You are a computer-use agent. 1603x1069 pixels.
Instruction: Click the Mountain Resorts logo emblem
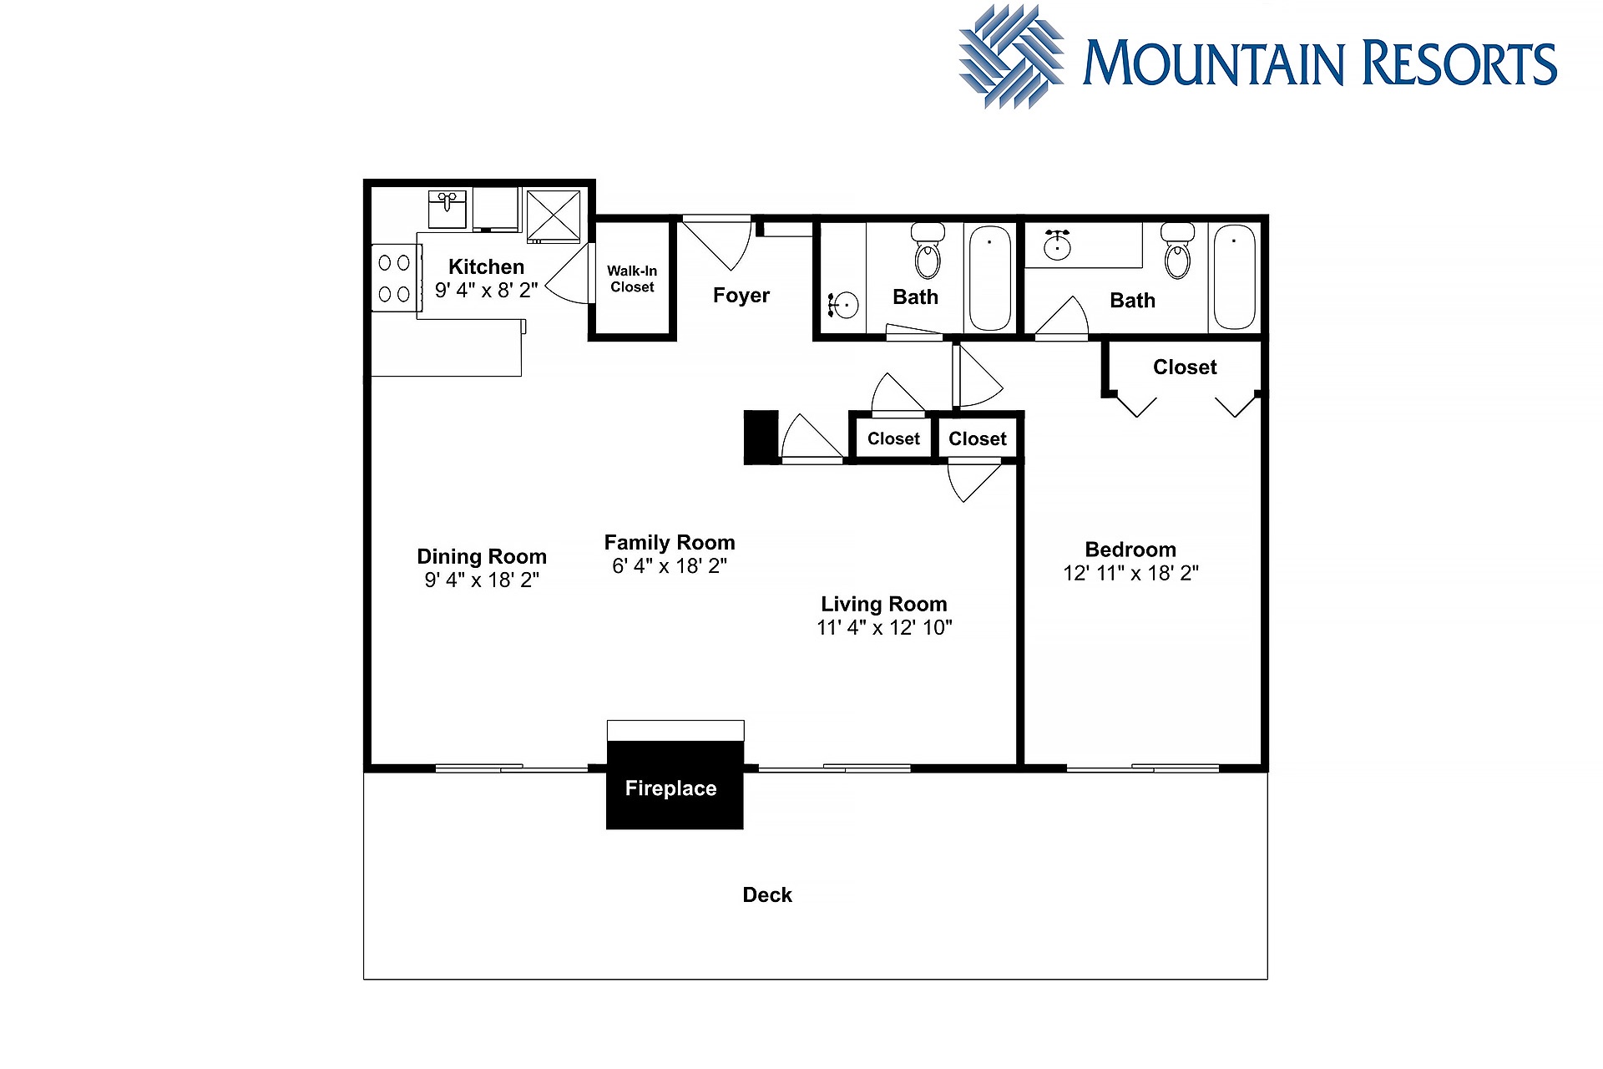point(1011,57)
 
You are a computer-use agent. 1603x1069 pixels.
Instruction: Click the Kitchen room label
point(486,266)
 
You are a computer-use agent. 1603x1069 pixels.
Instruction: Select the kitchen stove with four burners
point(394,278)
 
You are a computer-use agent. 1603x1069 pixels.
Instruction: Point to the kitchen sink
point(448,209)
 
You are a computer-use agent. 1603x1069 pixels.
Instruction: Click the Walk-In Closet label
point(632,279)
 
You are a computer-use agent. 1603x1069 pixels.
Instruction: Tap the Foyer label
point(741,295)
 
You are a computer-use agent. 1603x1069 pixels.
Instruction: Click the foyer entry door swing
point(718,244)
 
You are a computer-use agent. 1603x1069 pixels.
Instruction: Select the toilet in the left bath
point(928,250)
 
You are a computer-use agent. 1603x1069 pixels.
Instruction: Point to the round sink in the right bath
point(1058,245)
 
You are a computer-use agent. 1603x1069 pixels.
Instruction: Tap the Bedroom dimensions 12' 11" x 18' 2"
point(1130,573)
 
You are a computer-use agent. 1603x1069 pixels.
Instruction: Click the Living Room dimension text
point(884,627)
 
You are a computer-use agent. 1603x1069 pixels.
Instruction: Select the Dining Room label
point(482,556)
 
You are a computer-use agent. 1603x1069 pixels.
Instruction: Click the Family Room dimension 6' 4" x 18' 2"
point(670,565)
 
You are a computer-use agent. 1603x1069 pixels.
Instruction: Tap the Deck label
point(767,894)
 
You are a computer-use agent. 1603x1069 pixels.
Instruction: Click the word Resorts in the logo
point(1460,63)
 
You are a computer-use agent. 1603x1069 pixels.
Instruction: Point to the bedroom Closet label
point(1185,367)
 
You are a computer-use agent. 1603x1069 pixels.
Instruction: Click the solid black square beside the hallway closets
point(761,437)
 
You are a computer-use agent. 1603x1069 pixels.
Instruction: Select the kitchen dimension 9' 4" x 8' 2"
point(486,290)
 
